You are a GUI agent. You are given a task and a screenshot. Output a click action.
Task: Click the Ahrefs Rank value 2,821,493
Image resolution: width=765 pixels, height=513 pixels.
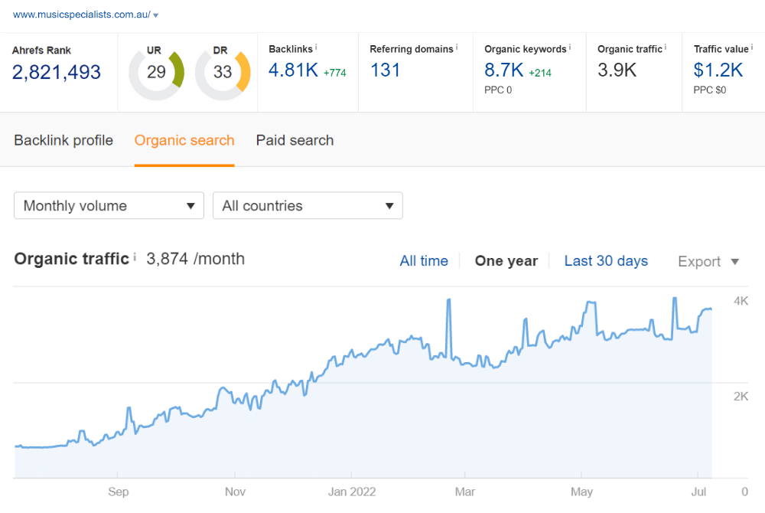click(57, 72)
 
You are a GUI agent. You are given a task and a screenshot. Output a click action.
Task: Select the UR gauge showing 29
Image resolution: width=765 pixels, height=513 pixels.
click(156, 73)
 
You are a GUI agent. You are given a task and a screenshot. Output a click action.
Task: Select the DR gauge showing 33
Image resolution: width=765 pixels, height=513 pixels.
click(223, 73)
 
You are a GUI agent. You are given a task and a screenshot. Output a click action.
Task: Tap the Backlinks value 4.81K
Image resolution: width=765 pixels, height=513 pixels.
click(292, 70)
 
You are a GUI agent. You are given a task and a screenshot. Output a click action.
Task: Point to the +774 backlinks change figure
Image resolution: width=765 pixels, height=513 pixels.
click(335, 73)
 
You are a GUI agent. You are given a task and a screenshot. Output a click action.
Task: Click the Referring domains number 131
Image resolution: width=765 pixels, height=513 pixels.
click(386, 70)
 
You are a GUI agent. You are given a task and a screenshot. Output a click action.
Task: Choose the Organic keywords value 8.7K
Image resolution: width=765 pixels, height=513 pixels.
click(504, 70)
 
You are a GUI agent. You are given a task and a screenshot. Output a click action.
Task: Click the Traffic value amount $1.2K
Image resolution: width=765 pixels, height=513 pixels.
click(718, 70)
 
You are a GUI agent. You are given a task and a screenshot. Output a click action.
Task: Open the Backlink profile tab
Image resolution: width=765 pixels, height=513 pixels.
click(63, 140)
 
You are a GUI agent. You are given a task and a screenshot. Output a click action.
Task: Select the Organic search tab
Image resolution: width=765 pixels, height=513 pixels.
click(184, 140)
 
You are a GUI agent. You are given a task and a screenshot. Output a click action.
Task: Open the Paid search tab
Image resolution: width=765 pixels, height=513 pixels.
click(295, 140)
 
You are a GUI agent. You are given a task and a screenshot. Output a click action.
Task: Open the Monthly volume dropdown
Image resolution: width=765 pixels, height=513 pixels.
click(109, 206)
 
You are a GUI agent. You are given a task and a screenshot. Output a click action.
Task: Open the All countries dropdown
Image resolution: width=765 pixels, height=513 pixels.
click(308, 206)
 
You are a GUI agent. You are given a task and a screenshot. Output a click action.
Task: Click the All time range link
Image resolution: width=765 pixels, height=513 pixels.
click(424, 261)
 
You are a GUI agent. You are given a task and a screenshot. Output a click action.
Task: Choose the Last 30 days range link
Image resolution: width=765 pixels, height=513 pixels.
click(606, 261)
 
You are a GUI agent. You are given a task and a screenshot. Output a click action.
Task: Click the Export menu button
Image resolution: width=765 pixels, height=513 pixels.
click(708, 262)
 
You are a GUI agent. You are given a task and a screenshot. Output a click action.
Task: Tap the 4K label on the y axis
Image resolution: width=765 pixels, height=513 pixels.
click(741, 301)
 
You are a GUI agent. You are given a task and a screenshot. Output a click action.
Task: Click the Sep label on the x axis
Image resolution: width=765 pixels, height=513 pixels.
click(119, 492)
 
